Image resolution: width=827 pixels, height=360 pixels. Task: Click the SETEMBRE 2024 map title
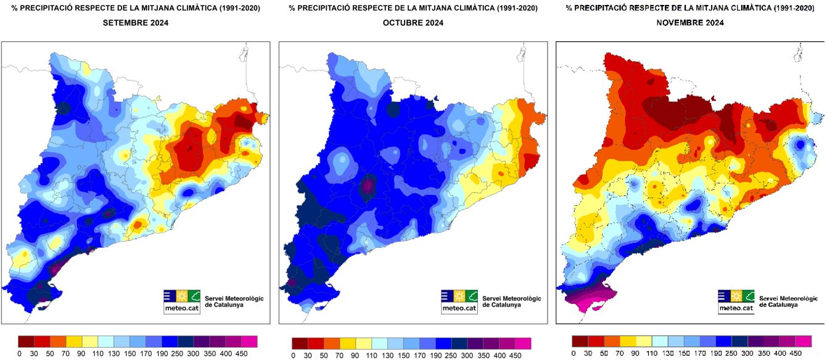click(x=136, y=23)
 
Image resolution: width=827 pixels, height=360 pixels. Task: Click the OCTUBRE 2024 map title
click(x=413, y=23)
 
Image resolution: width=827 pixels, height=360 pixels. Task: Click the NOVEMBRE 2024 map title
click(x=690, y=23)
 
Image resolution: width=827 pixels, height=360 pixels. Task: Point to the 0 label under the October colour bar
click(x=293, y=354)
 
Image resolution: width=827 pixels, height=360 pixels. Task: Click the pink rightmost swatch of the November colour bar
click(x=804, y=342)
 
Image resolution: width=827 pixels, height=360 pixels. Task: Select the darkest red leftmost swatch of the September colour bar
click(x=27, y=341)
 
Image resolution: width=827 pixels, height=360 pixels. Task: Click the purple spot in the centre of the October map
click(x=368, y=186)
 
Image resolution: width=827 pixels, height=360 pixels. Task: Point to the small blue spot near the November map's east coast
click(x=800, y=145)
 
